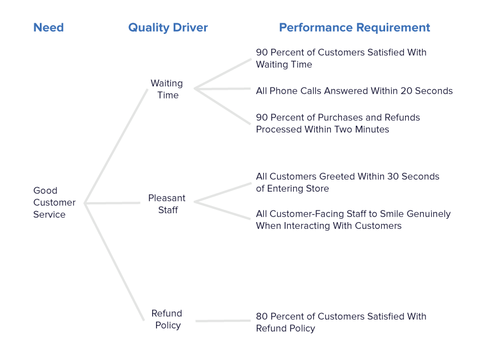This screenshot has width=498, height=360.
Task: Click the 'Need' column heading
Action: tap(49, 27)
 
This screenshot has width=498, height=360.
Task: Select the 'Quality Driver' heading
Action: tap(168, 27)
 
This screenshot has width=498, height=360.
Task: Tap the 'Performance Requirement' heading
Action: tap(354, 27)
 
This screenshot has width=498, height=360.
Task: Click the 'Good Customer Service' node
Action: tap(54, 202)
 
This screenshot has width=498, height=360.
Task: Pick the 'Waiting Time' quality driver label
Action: tap(167, 89)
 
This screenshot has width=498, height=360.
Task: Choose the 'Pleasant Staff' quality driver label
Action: tap(167, 204)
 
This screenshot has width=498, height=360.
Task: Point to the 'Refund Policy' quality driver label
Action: tap(167, 319)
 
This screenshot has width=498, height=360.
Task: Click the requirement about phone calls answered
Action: tap(354, 91)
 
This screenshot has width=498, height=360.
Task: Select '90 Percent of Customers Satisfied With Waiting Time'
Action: tap(340, 58)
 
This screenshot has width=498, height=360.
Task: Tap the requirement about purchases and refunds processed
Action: tap(338, 123)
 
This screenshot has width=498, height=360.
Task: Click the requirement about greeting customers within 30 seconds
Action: tap(347, 182)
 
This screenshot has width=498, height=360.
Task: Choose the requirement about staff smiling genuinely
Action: tap(353, 219)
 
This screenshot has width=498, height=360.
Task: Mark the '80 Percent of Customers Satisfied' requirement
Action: tap(340, 322)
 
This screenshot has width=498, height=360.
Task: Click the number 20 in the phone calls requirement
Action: tap(404, 91)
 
